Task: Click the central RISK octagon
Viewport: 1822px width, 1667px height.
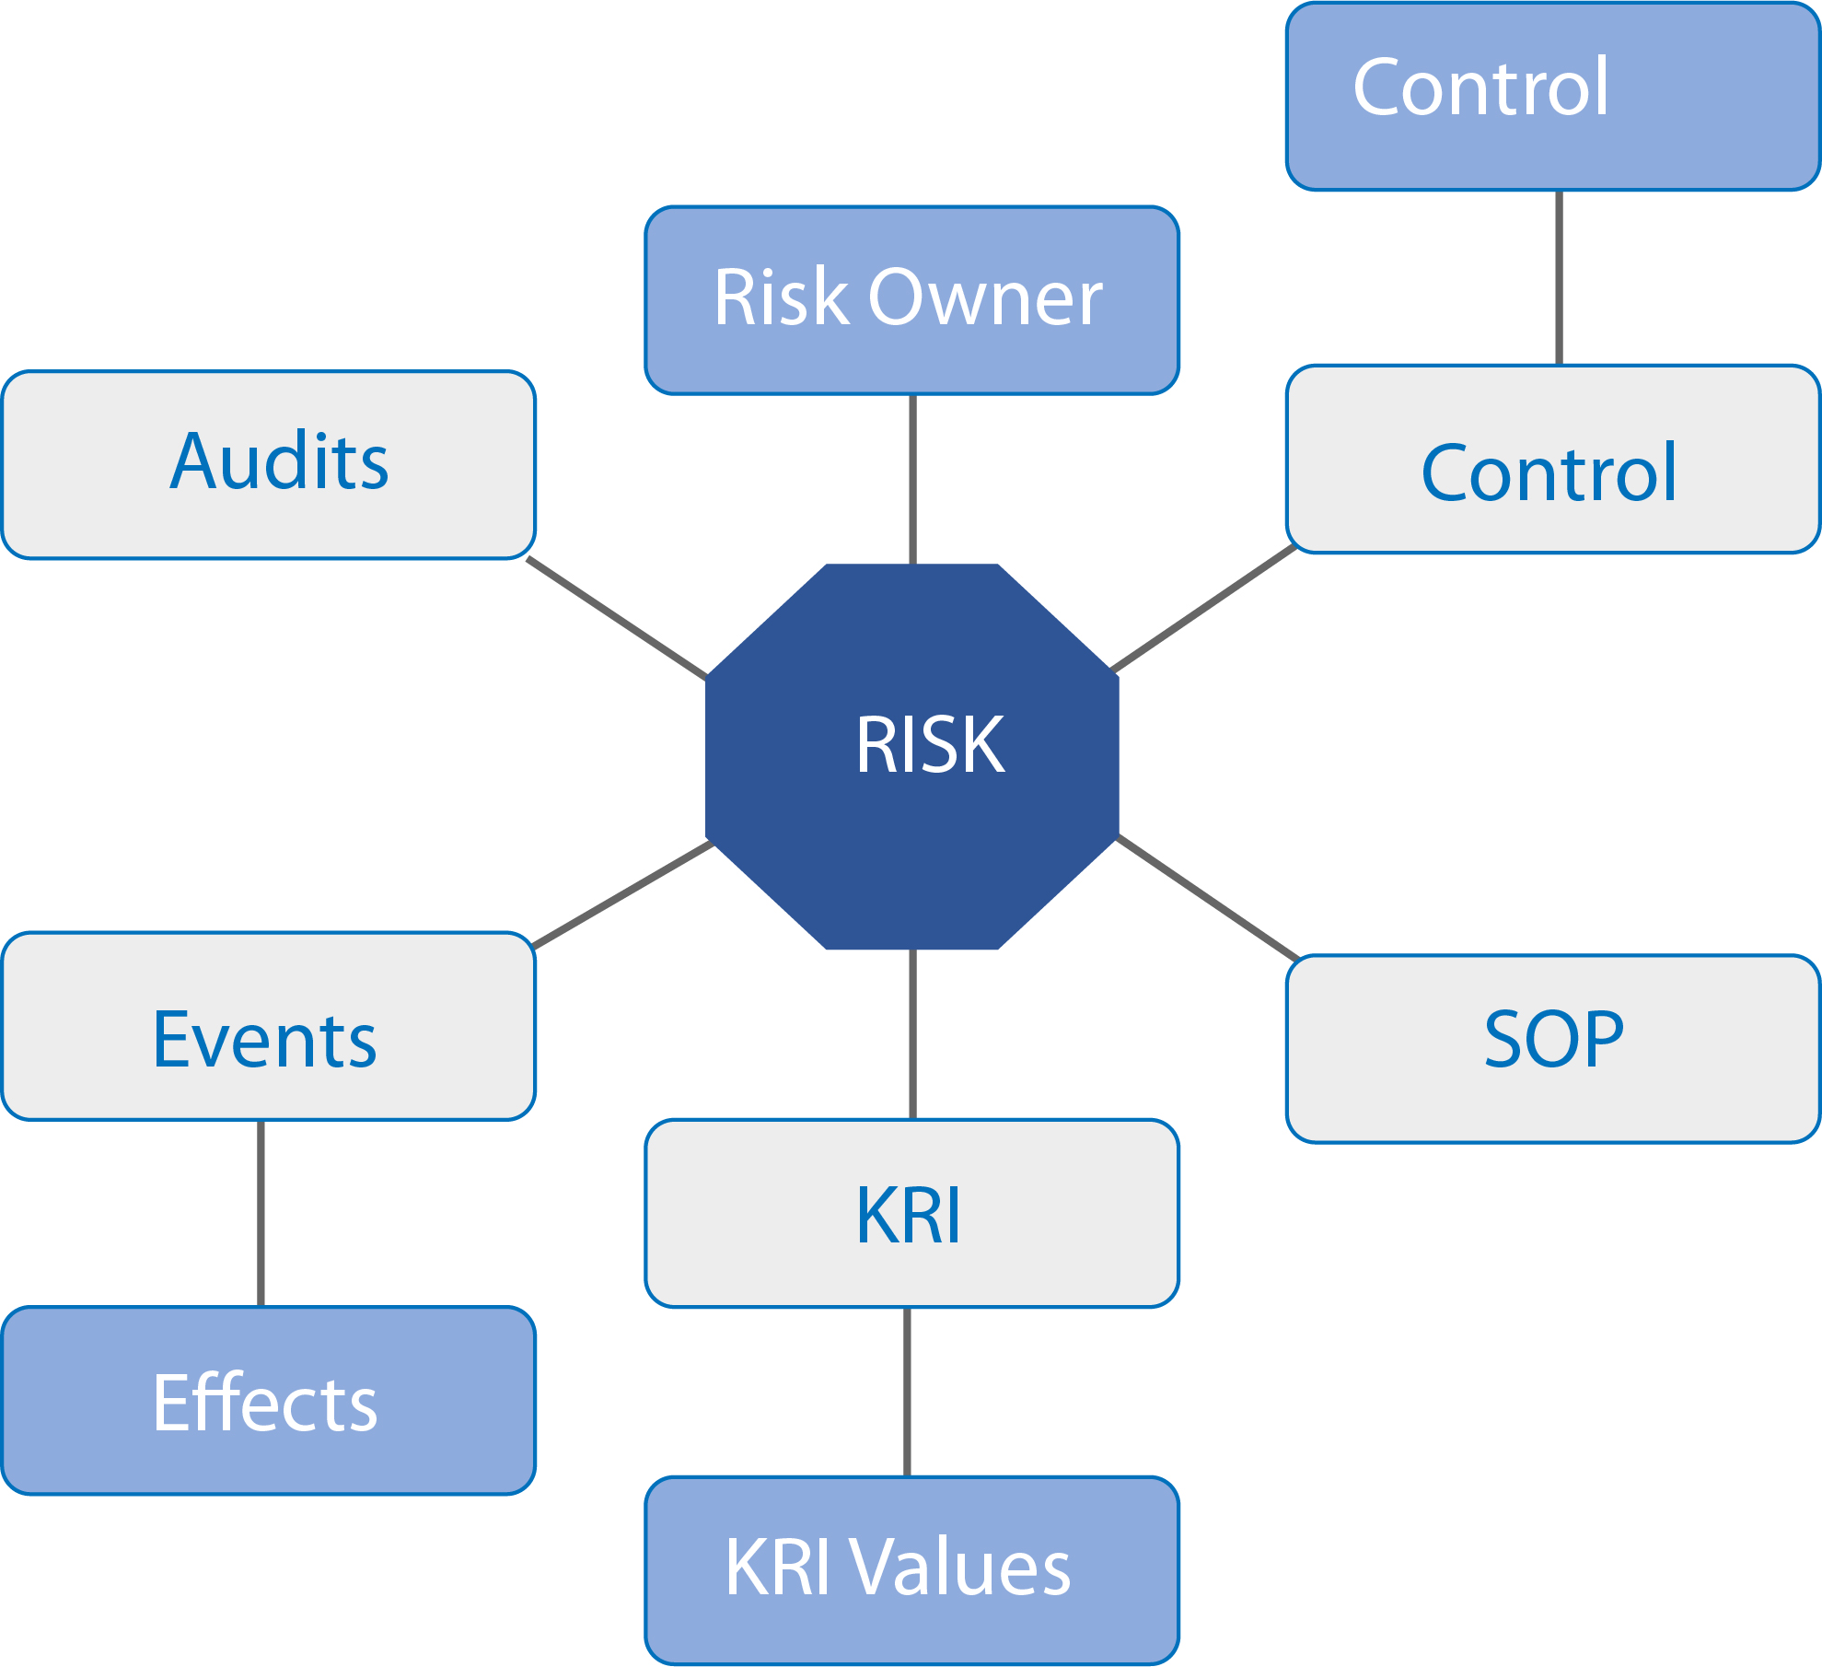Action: pyautogui.click(x=912, y=756)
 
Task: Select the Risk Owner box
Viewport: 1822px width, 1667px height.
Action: pyautogui.click(x=912, y=300)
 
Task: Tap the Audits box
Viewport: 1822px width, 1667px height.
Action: pyautogui.click(x=269, y=464)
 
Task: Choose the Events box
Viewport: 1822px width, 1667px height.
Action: pyautogui.click(x=269, y=1026)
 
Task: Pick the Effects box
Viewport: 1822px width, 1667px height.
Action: pyautogui.click(x=269, y=1401)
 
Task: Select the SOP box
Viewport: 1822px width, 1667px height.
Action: pyautogui.click(x=1553, y=1049)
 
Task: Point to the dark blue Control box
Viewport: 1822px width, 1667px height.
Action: pyautogui.click(x=1553, y=97)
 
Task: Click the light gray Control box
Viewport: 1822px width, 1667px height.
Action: pyautogui.click(x=1553, y=460)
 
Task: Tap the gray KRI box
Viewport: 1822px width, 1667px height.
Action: pyautogui.click(x=912, y=1213)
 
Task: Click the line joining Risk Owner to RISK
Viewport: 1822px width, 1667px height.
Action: pyautogui.click(x=912, y=479)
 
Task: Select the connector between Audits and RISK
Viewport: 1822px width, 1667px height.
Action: pyautogui.click(x=617, y=618)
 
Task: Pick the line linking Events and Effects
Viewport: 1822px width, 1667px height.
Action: pyautogui.click(x=261, y=1213)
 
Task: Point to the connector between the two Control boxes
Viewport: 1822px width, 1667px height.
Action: pyautogui.click(x=1559, y=278)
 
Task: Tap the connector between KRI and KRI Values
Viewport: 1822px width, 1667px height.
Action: pyautogui.click(x=907, y=1392)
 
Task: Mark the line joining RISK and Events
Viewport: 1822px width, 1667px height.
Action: pyautogui.click(x=623, y=894)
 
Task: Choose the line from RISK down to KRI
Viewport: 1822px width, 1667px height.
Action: pyautogui.click(x=912, y=1034)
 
